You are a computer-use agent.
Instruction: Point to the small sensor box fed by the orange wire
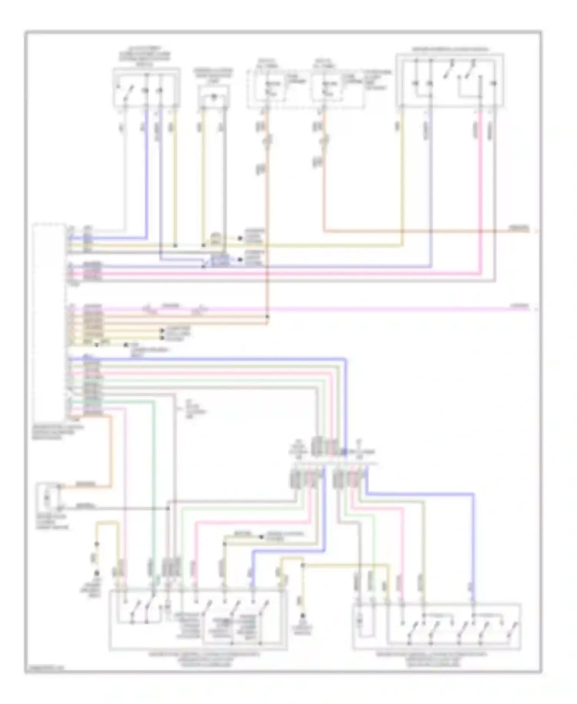click(48, 498)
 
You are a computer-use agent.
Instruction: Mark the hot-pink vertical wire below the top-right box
click(481, 193)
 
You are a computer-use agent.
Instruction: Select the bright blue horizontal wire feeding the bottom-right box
click(419, 493)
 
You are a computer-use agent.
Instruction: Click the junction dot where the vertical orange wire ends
click(267, 317)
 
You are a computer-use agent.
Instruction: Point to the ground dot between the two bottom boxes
click(303, 617)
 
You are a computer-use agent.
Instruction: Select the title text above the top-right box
click(450, 49)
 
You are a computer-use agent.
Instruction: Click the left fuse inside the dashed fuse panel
click(268, 88)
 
